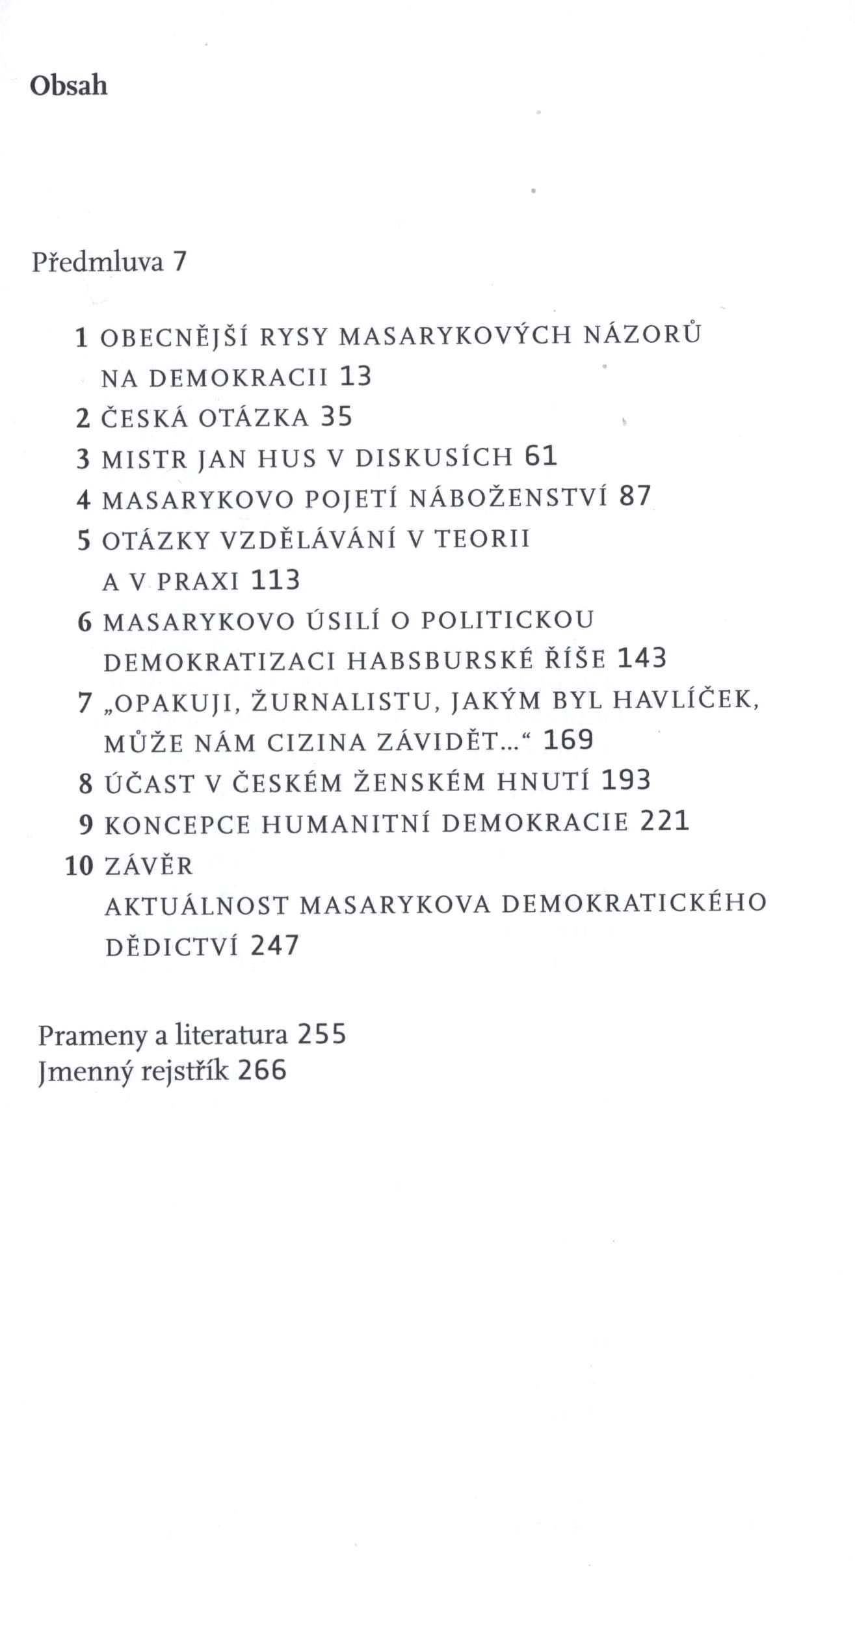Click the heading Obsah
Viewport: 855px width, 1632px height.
(68, 85)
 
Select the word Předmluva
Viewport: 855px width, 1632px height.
(98, 262)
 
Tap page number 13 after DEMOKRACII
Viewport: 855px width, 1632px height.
(355, 376)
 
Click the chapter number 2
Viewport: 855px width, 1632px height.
(83, 418)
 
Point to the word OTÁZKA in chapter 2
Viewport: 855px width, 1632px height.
(254, 418)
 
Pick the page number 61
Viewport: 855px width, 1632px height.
(541, 457)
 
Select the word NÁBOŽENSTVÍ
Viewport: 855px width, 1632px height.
(508, 498)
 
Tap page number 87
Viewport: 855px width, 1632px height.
(635, 497)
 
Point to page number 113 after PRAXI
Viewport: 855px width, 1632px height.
(275, 580)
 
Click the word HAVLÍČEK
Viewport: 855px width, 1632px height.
(687, 701)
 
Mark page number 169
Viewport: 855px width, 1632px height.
(568, 740)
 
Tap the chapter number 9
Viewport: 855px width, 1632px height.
(85, 824)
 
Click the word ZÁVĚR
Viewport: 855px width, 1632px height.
(149, 866)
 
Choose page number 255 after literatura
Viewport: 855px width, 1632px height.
(322, 1035)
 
